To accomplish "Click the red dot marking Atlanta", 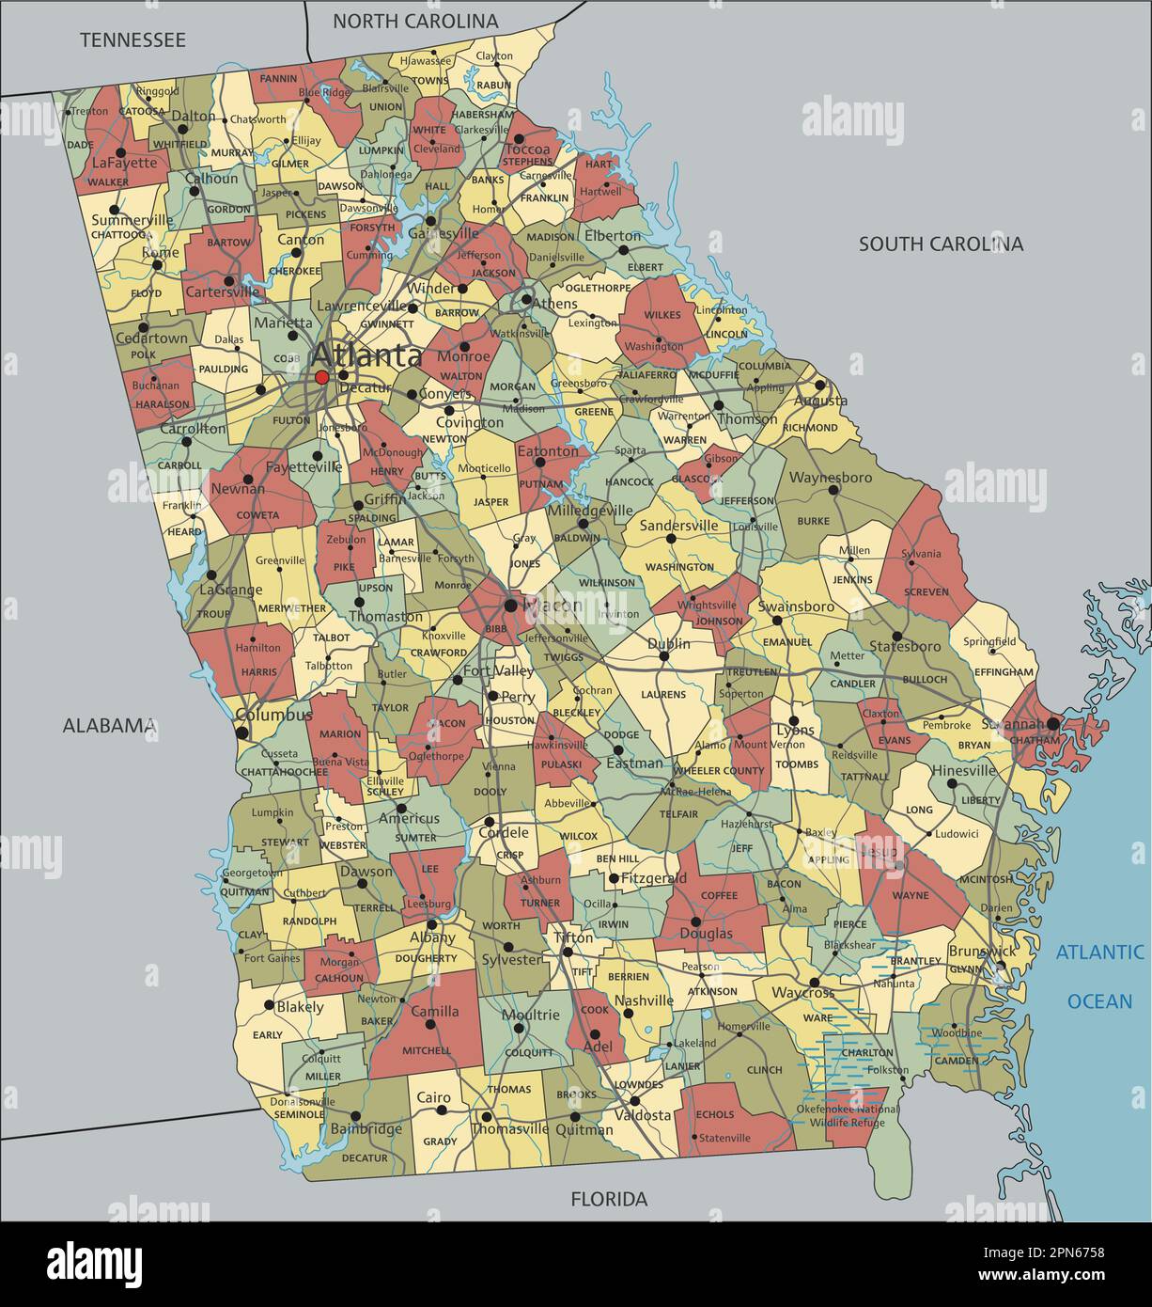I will pos(322,377).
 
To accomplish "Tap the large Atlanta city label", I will pos(366,355).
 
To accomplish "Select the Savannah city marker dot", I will pos(1053,723).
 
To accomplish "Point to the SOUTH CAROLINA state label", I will pos(941,244).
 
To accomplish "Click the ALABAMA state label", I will pos(109,725).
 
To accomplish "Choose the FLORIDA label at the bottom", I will pos(610,1199).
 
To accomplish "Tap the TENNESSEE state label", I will pos(132,39).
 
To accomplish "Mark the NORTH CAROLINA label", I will pos(415,21).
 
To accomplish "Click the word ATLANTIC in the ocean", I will pos(1099,952).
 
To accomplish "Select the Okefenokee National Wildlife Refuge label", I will pos(848,1115).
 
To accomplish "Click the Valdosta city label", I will pos(643,1115).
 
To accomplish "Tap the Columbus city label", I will pos(273,715).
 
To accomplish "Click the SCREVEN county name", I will pos(926,591).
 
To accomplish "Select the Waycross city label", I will pos(802,993).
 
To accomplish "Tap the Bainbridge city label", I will pos(366,1128).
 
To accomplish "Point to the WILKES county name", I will pos(662,315).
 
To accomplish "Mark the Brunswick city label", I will pos(981,951).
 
